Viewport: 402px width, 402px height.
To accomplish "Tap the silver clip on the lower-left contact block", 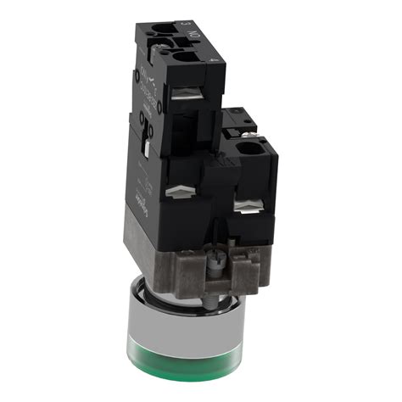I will pos(179,194).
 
